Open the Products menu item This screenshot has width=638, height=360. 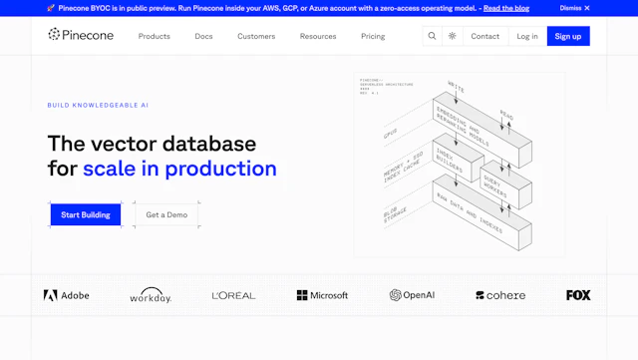tap(154, 36)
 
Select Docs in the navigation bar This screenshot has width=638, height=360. tap(203, 36)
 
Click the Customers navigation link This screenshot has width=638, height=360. tap(256, 36)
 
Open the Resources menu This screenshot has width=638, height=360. tap(318, 36)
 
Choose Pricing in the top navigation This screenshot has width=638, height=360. tap(373, 36)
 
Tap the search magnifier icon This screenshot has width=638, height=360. tap(432, 36)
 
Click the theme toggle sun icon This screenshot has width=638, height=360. tap(453, 36)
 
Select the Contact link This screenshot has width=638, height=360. tap(485, 36)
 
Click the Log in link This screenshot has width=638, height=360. tap(527, 36)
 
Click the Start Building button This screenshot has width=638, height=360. tap(86, 214)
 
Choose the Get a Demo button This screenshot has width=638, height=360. tap(166, 214)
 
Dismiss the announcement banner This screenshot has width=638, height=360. tap(574, 8)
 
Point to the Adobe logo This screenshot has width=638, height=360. tap(66, 295)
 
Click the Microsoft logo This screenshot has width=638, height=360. tap(322, 295)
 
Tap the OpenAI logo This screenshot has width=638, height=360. tap(412, 295)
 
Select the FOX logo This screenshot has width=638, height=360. tap(578, 295)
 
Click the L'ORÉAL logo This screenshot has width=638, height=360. tap(233, 295)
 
